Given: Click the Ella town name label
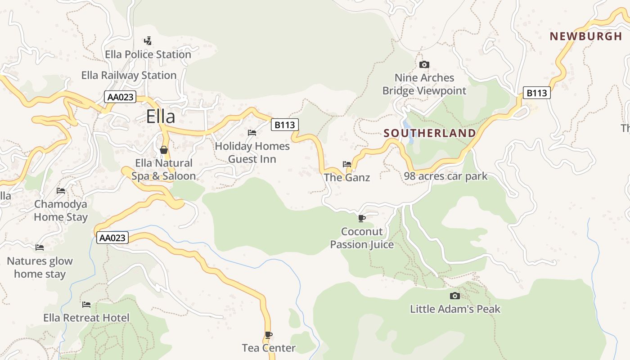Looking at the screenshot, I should (x=161, y=117).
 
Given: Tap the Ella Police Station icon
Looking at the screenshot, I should (x=147, y=41).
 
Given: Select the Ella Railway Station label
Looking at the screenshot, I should (x=129, y=75).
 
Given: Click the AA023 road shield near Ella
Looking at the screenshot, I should (x=120, y=97).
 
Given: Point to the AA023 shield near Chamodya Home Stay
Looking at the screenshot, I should (x=112, y=238).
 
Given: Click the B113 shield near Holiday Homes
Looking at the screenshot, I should (x=284, y=125).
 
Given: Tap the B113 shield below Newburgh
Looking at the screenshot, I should (x=537, y=93).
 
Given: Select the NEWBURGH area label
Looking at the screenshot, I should (x=585, y=36).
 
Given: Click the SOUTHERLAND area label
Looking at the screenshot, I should (x=429, y=133).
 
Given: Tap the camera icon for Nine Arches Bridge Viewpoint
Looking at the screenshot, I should (x=424, y=65).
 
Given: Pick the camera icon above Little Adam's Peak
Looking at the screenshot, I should (x=455, y=296).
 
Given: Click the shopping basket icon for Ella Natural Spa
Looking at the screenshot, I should (x=164, y=150).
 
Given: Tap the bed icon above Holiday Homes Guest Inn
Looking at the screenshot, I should (x=252, y=133).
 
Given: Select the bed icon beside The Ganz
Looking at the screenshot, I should (x=346, y=164).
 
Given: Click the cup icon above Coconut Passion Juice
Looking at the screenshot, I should (x=361, y=219).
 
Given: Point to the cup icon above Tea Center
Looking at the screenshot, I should (x=269, y=335).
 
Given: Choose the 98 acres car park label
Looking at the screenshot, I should (x=445, y=176).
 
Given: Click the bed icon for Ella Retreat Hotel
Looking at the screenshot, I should (x=86, y=305).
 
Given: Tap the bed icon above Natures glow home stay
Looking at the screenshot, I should (x=40, y=247).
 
